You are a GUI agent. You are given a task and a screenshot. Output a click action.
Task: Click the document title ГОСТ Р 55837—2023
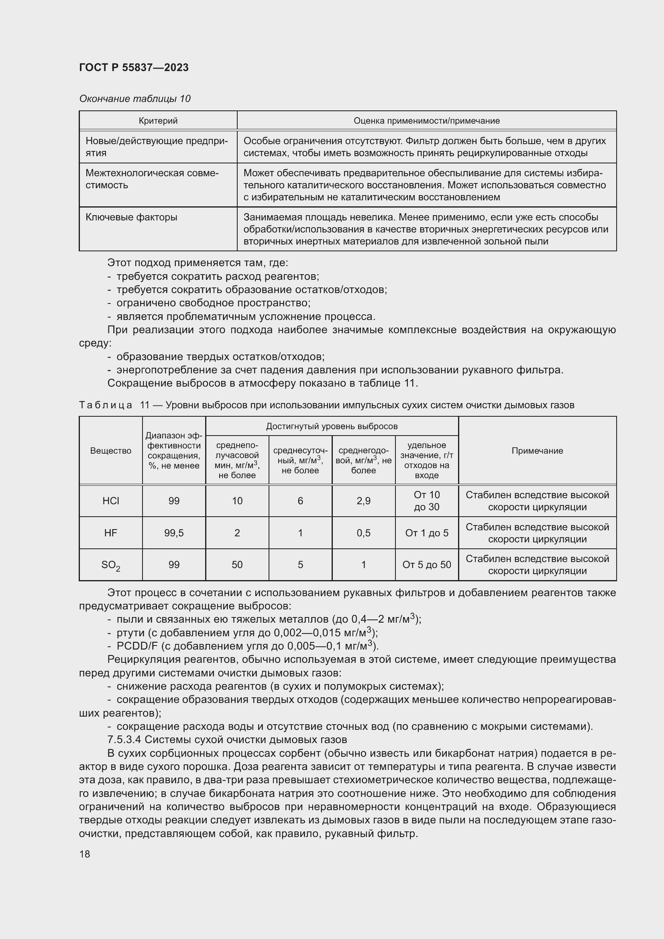134,67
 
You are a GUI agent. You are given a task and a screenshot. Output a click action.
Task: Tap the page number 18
85,854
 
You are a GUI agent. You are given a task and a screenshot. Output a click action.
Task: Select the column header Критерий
158,121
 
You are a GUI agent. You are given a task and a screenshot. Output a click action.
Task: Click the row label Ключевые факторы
131,217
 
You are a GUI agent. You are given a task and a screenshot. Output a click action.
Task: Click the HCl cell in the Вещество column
110,501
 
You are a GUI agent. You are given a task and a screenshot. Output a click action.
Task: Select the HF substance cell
110,533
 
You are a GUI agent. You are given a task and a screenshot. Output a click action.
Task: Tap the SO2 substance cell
110,565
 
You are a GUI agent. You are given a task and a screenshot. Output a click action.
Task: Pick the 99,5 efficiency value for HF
174,533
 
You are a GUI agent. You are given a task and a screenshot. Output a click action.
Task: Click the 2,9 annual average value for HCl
363,501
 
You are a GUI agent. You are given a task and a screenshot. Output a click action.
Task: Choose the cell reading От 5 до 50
426,565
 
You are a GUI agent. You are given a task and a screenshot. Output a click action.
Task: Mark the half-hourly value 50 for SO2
237,565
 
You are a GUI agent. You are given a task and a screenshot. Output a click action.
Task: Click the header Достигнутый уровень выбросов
332,427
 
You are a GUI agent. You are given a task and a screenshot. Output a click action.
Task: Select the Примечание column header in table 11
537,451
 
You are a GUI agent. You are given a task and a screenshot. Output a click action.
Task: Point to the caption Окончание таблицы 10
134,99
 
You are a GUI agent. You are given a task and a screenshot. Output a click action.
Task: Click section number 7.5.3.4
124,740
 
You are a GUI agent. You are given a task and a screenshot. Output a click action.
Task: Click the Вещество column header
110,451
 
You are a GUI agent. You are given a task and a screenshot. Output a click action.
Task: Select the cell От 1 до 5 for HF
426,533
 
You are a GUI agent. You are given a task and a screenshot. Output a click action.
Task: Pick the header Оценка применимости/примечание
426,121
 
